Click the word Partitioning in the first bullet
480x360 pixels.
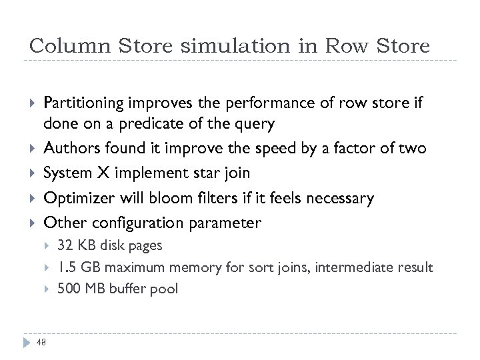coord(83,103)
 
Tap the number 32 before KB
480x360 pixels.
coord(65,245)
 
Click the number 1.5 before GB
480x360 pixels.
coord(67,267)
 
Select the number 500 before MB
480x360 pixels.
coord(69,289)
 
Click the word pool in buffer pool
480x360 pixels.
coord(165,289)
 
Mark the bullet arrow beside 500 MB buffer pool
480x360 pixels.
coord(47,289)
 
